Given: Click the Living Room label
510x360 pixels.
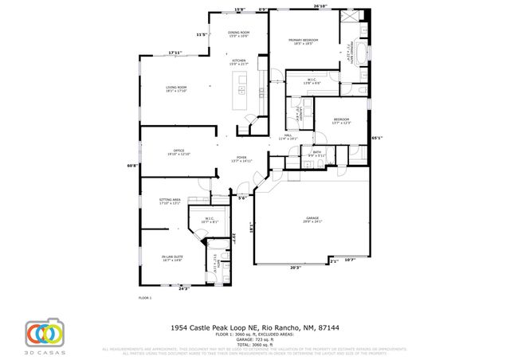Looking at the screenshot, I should coord(175,88).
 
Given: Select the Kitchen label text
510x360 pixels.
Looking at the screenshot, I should coord(239,61).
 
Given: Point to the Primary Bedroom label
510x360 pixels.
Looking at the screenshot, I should coord(304,41).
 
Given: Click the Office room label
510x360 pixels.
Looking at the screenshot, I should coord(179,152).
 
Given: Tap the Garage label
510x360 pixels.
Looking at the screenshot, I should coord(312,219).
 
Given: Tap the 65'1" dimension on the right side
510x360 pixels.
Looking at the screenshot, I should coord(378,138).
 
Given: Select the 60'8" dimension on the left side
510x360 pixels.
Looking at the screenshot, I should coord(133,166).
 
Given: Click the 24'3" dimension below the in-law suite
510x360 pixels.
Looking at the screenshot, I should coord(183,288).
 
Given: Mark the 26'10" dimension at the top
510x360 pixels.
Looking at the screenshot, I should coord(320,6).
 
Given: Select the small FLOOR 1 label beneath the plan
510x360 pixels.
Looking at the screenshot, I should coord(145,298).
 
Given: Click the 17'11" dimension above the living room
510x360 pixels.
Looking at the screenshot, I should coord(175,53).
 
